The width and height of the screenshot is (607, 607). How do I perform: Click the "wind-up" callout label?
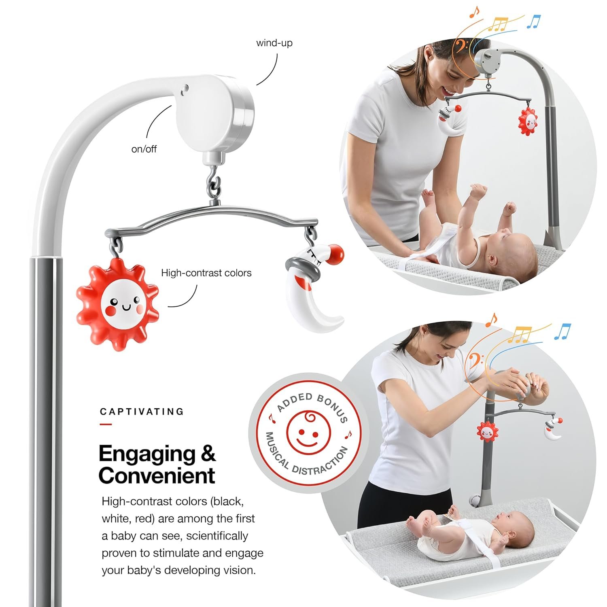click(274, 43)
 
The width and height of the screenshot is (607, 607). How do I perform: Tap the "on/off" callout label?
click(144, 149)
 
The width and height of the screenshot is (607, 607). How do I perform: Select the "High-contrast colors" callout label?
click(206, 273)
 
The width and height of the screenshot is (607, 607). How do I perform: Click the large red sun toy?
click(118, 305)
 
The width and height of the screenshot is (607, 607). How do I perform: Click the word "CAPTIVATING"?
click(142, 412)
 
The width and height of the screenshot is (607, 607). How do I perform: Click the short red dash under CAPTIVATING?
click(106, 424)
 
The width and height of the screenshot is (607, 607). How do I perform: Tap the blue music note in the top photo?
click(534, 21)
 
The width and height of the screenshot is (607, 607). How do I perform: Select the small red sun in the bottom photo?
click(486, 431)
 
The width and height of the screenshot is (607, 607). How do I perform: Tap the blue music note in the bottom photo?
click(563, 331)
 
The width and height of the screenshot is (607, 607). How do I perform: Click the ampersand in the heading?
click(208, 454)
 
